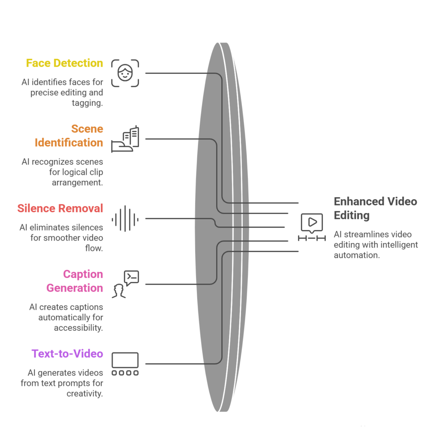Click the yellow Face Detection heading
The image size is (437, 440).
tap(64, 63)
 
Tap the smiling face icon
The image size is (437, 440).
tap(125, 73)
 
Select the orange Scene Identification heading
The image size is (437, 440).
tap(69, 135)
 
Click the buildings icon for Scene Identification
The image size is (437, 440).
tap(125, 139)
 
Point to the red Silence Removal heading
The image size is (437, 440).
tap(60, 208)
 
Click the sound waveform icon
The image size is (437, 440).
tap(125, 219)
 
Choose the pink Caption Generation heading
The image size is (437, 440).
tap(75, 281)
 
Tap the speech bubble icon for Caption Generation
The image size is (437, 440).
tap(125, 284)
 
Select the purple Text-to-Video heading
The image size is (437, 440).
tap(67, 354)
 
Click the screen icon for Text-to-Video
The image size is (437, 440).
tap(125, 364)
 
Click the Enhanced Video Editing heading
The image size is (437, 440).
tap(375, 208)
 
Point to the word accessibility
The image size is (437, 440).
tap(78, 328)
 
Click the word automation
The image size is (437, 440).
tap(357, 255)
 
